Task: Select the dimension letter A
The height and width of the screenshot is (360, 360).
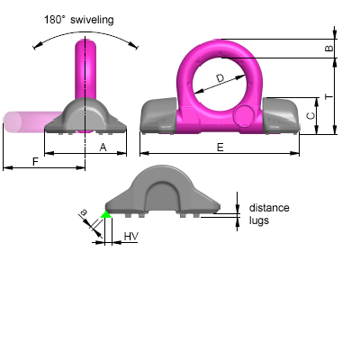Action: [103, 146]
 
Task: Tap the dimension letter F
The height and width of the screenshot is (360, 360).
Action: [60, 161]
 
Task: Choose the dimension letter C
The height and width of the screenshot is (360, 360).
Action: [310, 116]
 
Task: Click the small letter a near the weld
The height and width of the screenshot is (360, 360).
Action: [84, 213]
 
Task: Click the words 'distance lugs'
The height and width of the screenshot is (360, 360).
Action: [269, 213]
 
